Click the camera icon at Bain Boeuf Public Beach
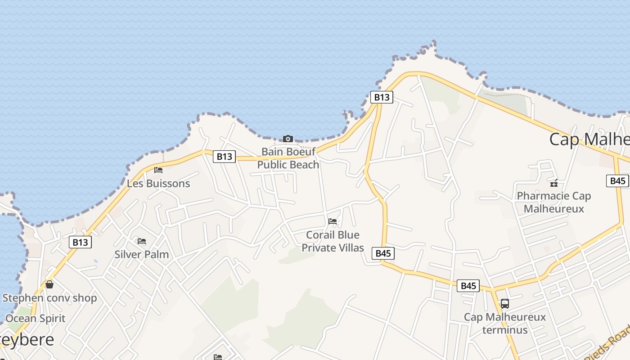click(288, 139)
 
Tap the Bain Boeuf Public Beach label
click(288, 158)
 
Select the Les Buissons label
click(158, 184)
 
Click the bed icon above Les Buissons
click(158, 170)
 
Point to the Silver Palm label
click(142, 254)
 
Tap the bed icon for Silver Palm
click(142, 241)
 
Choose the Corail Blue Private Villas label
click(333, 241)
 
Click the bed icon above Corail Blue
click(333, 221)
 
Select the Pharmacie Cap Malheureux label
click(554, 202)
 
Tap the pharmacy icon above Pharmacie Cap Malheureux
click(554, 183)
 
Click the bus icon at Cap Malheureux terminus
click(505, 304)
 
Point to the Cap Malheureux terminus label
click(505, 323)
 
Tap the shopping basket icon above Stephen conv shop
click(49, 284)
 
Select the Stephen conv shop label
click(49, 298)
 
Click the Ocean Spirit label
click(36, 318)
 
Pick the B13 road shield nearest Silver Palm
click(81, 242)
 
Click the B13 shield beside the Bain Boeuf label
click(224, 156)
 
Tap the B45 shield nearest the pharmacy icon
click(618, 181)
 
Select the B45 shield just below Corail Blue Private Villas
click(383, 253)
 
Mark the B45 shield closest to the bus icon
click(468, 286)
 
